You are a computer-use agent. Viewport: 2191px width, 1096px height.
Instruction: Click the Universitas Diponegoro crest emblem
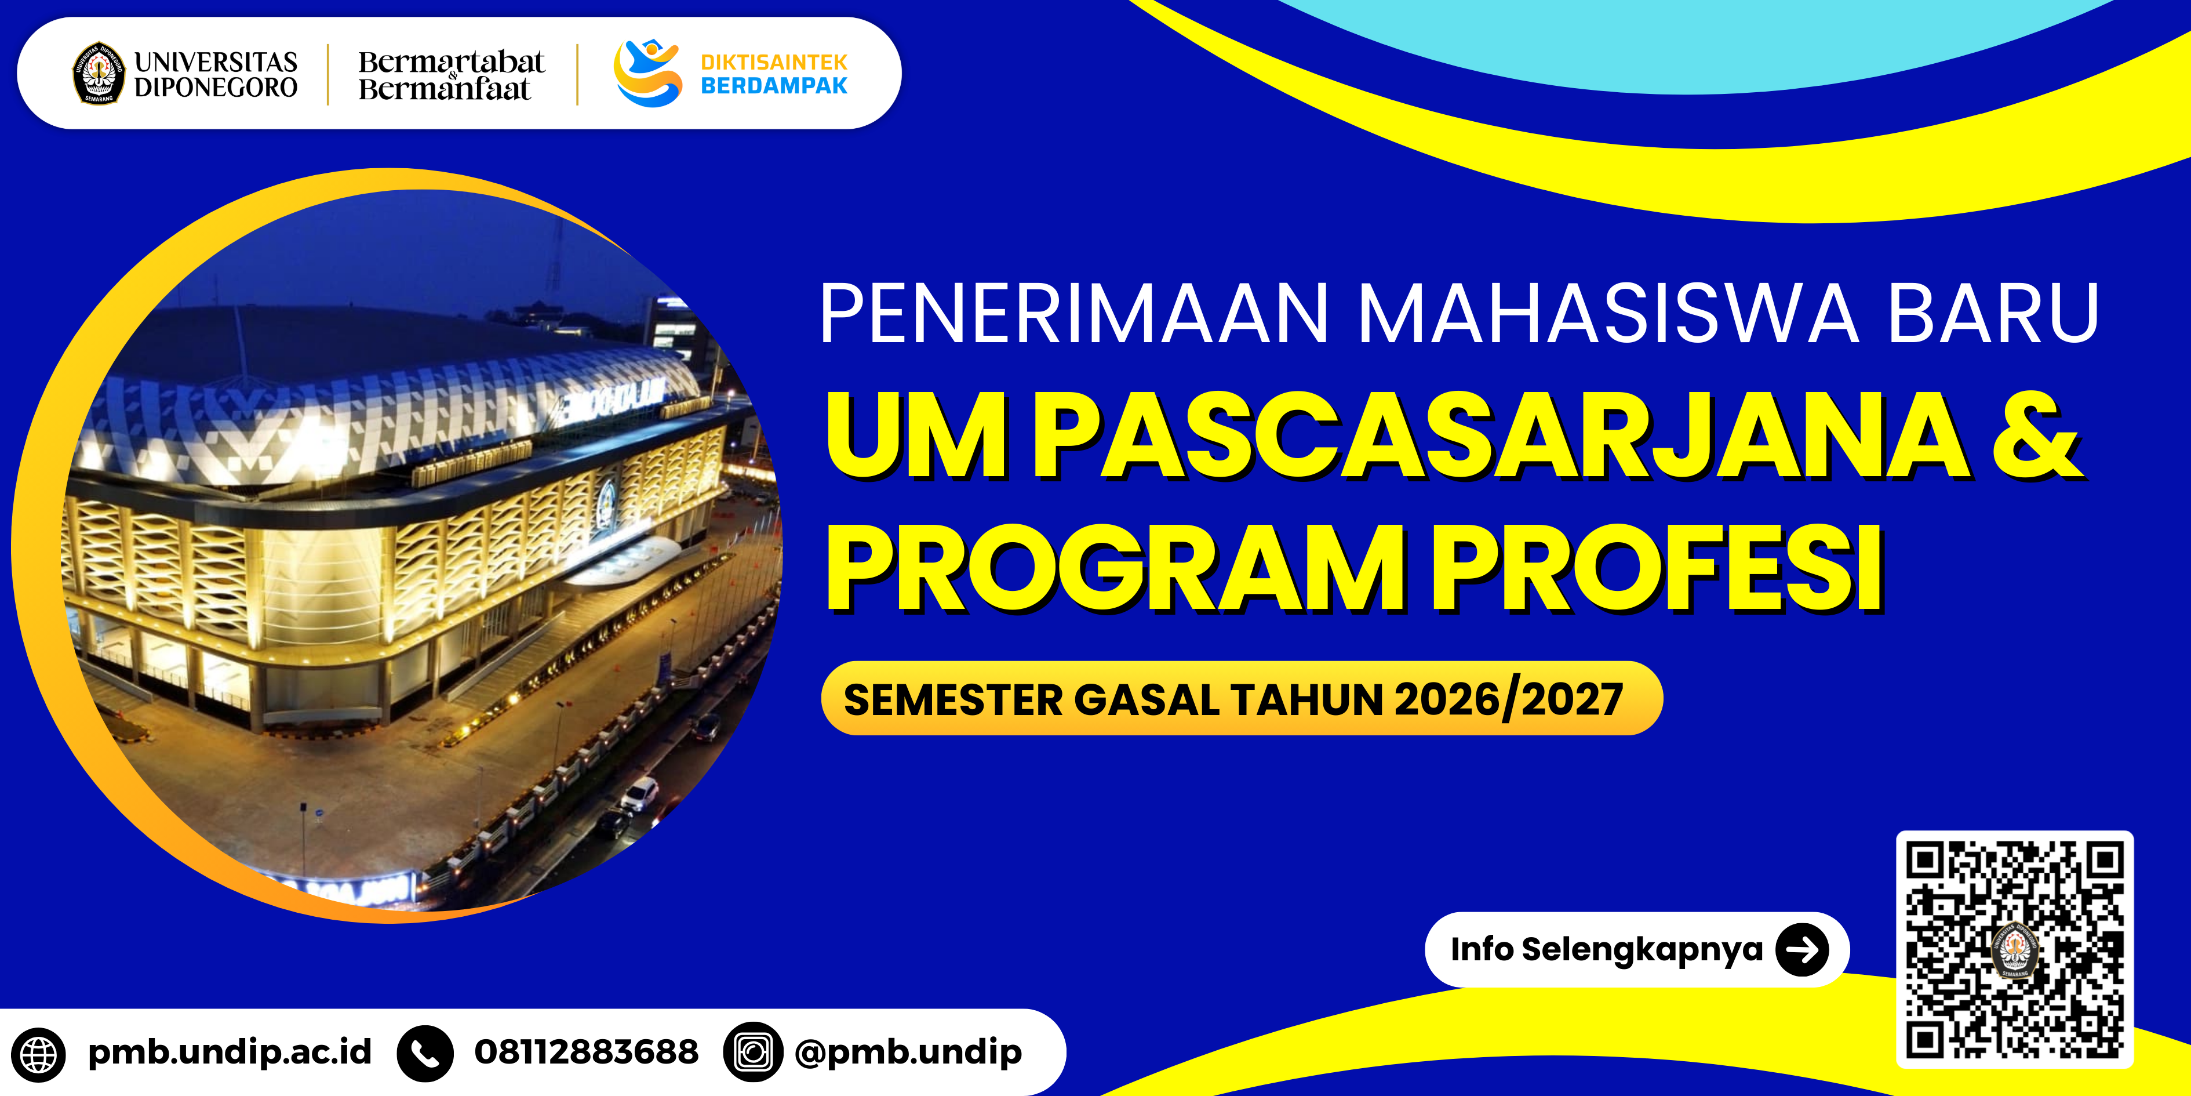tap(99, 73)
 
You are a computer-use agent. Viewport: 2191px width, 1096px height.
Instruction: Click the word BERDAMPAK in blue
tap(774, 85)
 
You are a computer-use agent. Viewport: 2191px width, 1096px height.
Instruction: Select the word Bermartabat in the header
tap(451, 61)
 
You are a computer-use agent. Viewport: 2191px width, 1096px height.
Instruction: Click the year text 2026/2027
tap(1509, 699)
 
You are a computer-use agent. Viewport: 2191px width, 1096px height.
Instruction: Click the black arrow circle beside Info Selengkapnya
tap(1802, 949)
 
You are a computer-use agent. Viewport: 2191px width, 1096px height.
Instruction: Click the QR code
tap(2014, 949)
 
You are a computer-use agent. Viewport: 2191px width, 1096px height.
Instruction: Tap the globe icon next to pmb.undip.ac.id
tap(38, 1054)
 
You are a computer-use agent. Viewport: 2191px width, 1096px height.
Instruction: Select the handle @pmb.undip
tap(908, 1053)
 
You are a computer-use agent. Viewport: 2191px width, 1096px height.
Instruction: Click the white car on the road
tap(639, 794)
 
